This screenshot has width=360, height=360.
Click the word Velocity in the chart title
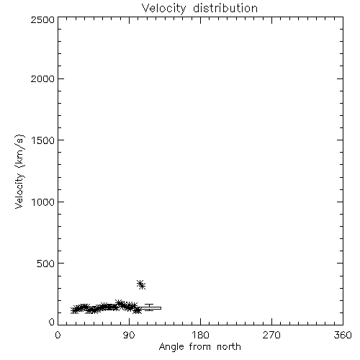pos(163,9)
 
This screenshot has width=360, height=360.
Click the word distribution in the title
pos(225,8)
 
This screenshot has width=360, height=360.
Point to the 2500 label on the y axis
pos(43,19)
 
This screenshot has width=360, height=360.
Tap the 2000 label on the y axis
pos(43,78)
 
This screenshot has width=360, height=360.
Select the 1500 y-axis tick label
pos(43,140)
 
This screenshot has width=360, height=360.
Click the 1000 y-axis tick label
pos(43,202)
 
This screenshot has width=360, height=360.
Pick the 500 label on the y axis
pos(46,264)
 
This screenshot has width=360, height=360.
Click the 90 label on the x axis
pos(129,335)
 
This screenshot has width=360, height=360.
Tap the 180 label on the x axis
pos(200,335)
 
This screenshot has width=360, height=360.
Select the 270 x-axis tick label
pos(271,335)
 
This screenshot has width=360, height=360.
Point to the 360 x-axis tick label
pos(343,335)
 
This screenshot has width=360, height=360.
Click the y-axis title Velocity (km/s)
pos(19,171)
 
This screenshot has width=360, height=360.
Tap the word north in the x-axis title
pos(229,347)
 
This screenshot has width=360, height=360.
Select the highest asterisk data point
pos(140,284)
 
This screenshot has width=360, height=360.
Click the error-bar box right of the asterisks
pos(150,308)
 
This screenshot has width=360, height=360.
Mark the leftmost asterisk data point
pos(74,310)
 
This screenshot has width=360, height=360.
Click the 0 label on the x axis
pos(58,335)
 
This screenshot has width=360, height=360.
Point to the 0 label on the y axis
pos(52,322)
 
